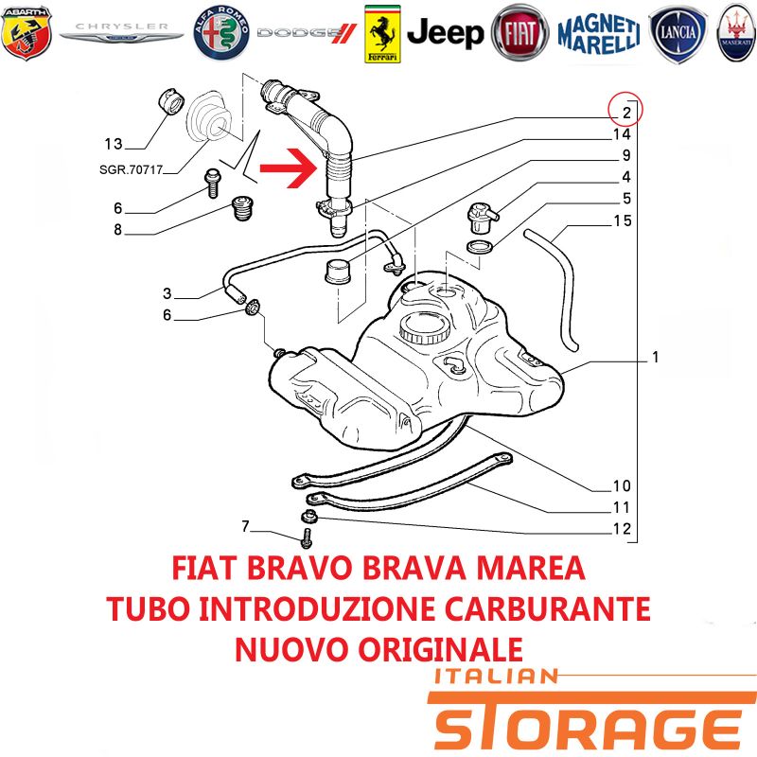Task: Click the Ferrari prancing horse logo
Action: pos(382,34)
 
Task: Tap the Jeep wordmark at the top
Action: pos(445,33)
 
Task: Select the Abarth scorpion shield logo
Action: pos(26,33)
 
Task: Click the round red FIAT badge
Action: pos(519,33)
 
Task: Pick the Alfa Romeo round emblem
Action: pos(221,33)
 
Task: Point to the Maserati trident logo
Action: pos(737,33)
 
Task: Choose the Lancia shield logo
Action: pos(678,34)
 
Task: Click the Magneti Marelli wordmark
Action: pos(599,34)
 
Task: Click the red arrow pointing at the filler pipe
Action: pos(289,168)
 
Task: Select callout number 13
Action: pos(114,144)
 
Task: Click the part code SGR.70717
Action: pos(131,169)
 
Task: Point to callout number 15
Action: pos(623,220)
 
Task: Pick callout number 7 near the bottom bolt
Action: pos(245,526)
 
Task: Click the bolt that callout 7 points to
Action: pos(307,538)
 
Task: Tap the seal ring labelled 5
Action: pos(480,247)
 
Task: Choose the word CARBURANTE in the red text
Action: pos(548,608)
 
